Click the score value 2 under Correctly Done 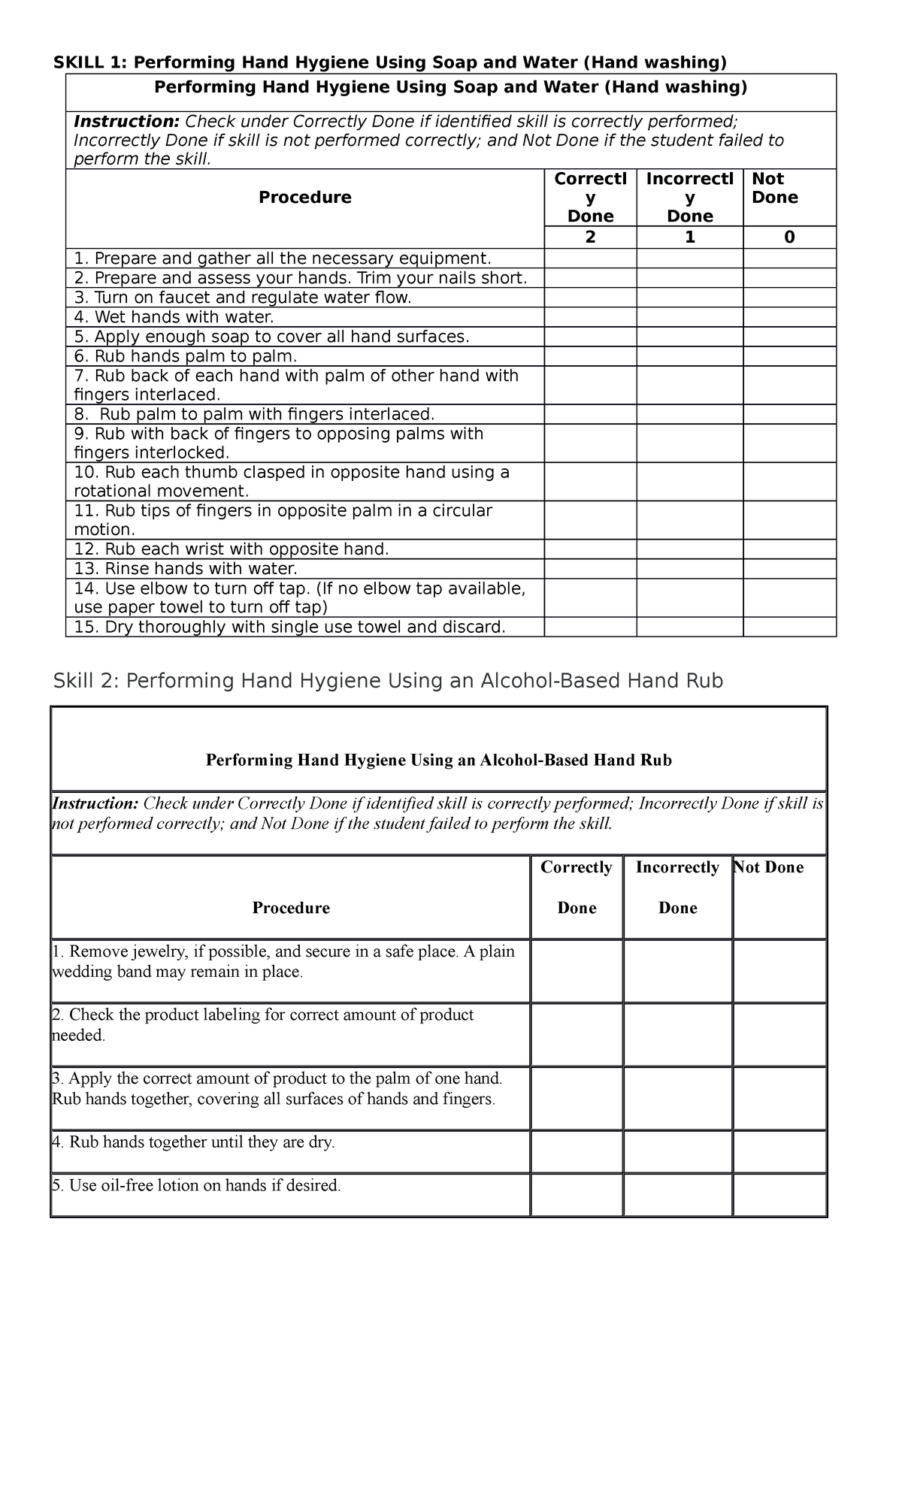pyautogui.click(x=590, y=237)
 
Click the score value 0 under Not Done pyautogui.click(x=789, y=237)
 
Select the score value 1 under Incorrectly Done pyautogui.click(x=689, y=237)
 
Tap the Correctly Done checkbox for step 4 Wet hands pyautogui.click(x=590, y=317)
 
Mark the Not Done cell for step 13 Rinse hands pyautogui.click(x=789, y=569)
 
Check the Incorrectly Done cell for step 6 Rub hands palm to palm pyautogui.click(x=689, y=356)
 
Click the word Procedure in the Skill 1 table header pyautogui.click(x=304, y=198)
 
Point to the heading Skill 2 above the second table pyautogui.click(x=85, y=681)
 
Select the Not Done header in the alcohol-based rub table pyautogui.click(x=769, y=867)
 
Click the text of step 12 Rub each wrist pyautogui.click(x=232, y=549)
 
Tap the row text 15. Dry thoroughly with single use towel pyautogui.click(x=289, y=627)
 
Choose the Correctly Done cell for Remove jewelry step pyautogui.click(x=577, y=970)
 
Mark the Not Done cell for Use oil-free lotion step pyautogui.click(x=779, y=1195)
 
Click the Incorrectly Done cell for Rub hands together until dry pyautogui.click(x=677, y=1151)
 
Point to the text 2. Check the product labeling pyautogui.click(x=263, y=1015)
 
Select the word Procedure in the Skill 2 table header pyautogui.click(x=291, y=908)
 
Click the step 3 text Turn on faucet pyautogui.click(x=243, y=298)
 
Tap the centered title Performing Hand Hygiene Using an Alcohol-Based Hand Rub pyautogui.click(x=439, y=760)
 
